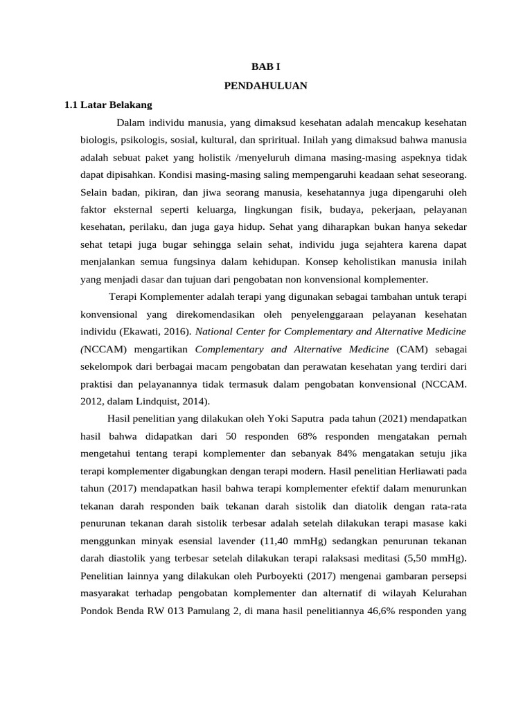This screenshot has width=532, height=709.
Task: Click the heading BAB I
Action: (266, 67)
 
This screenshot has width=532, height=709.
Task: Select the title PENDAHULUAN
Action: (266, 86)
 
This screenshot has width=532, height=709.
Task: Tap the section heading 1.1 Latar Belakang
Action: (107, 105)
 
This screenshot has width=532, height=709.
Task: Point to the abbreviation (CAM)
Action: (409, 350)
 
